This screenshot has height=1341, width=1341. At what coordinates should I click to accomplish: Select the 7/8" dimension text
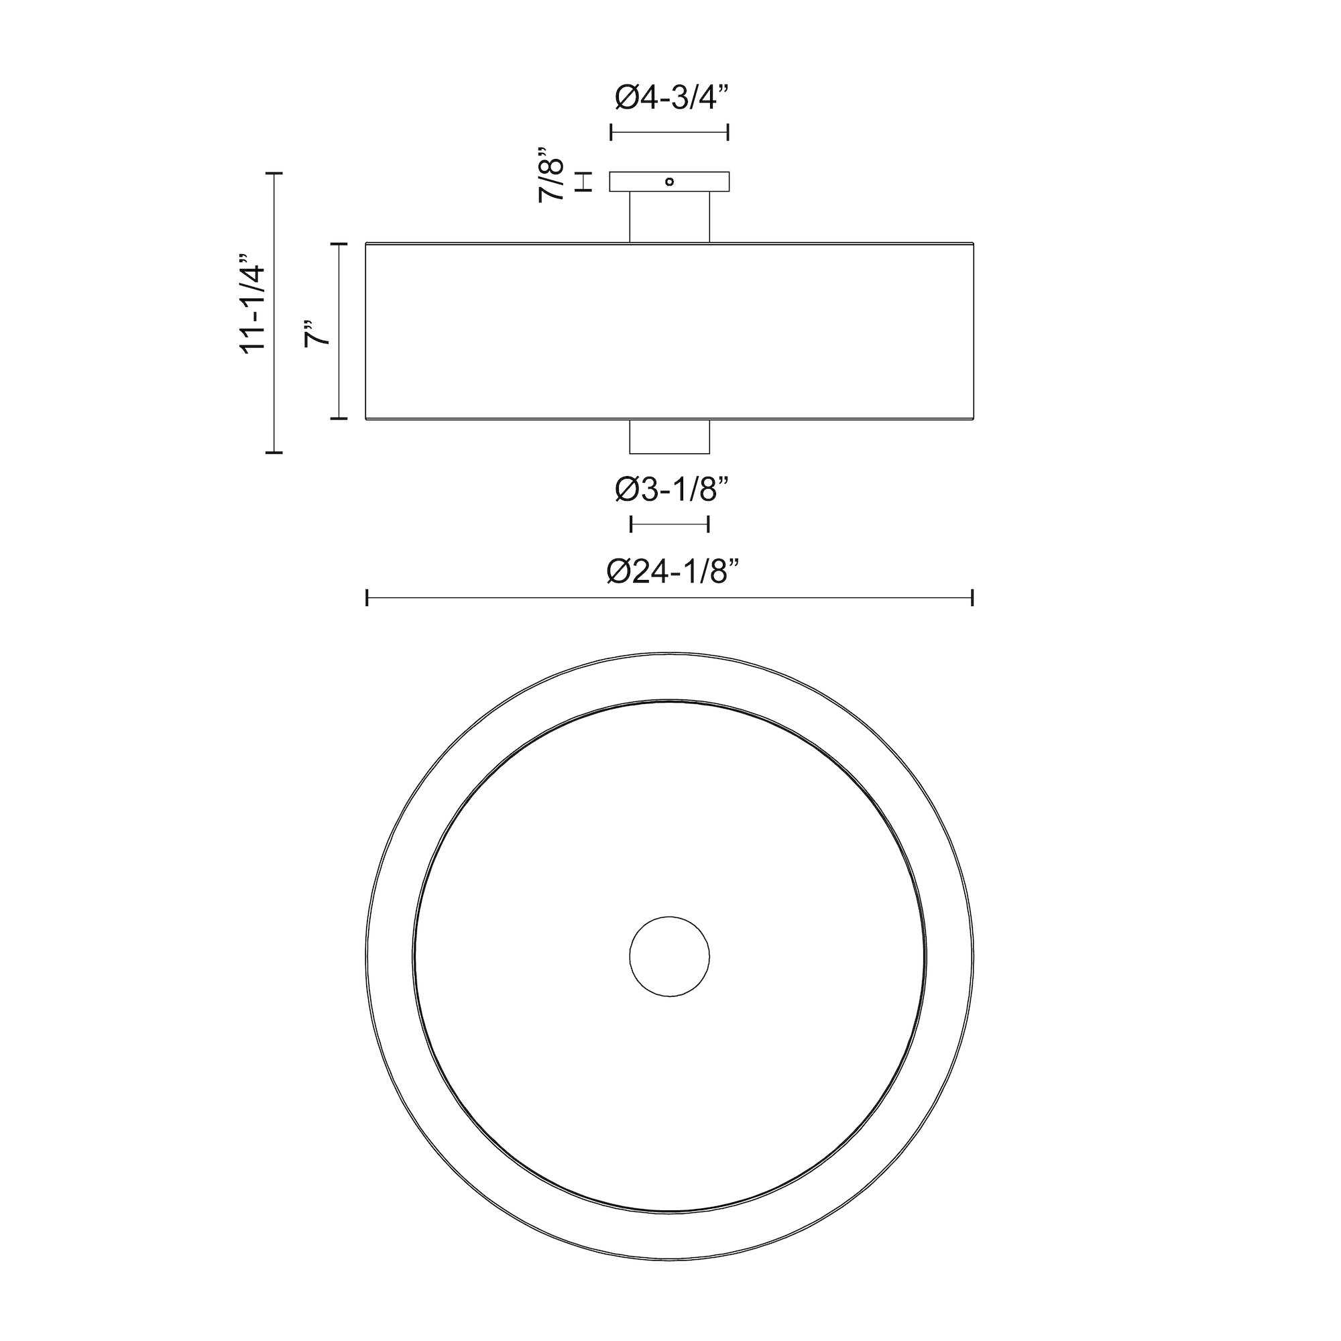pyautogui.click(x=552, y=174)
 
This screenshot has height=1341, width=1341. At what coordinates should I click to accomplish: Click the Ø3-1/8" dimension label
pyautogui.click(x=671, y=490)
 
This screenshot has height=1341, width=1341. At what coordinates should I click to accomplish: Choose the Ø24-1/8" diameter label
pyautogui.click(x=671, y=573)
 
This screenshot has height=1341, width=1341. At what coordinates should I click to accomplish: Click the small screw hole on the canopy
pyautogui.click(x=669, y=182)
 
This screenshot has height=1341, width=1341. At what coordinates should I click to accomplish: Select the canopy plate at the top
pyautogui.click(x=669, y=181)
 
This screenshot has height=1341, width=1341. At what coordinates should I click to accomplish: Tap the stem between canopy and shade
pyautogui.click(x=669, y=217)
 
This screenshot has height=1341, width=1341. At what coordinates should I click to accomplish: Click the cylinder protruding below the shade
pyautogui.click(x=669, y=436)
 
